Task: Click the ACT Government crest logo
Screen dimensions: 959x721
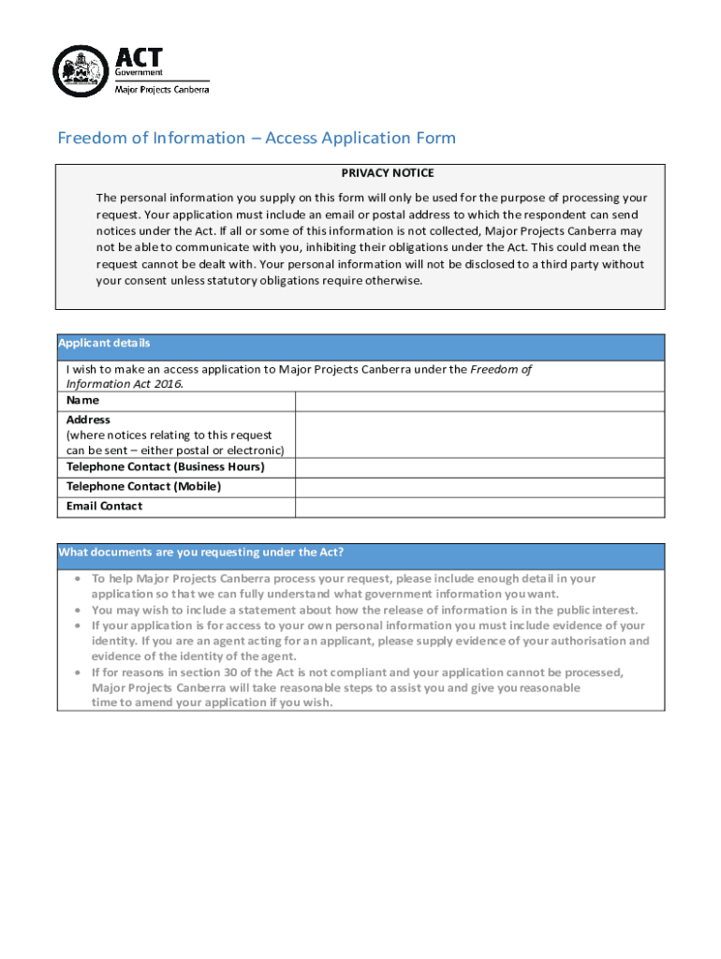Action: pyautogui.click(x=81, y=71)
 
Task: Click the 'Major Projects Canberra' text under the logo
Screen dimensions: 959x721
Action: pyautogui.click(x=161, y=90)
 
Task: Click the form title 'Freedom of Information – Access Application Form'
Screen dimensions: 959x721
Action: pyautogui.click(x=257, y=139)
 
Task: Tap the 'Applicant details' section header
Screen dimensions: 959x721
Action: pyautogui.click(x=104, y=344)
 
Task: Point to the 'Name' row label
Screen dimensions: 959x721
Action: pyautogui.click(x=82, y=401)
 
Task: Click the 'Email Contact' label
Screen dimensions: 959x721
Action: pyautogui.click(x=104, y=507)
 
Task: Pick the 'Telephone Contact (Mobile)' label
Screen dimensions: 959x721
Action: pyautogui.click(x=143, y=487)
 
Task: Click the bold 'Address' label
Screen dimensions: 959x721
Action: pyautogui.click(x=88, y=420)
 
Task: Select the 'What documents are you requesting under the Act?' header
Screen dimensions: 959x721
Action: pyautogui.click(x=207, y=553)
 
